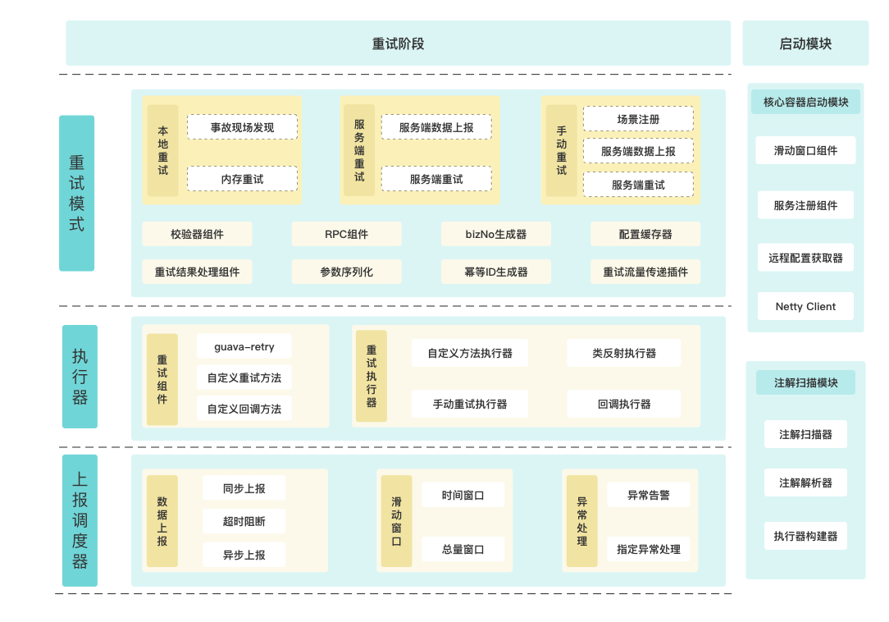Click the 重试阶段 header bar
tap(398, 43)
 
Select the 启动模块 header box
tap(805, 43)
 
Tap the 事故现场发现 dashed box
tap(242, 127)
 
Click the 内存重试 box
tap(242, 179)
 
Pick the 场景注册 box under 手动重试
tap(638, 119)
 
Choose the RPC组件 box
tap(346, 234)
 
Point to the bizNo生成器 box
tap(495, 234)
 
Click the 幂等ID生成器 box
tap(495, 272)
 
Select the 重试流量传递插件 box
tap(645, 272)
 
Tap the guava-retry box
tap(244, 346)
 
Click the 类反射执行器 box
tap(623, 353)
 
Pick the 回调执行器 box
tap(623, 404)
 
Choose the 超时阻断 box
tap(244, 521)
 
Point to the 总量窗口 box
tap(463, 549)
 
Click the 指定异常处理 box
tap(648, 549)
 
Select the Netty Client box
tap(805, 306)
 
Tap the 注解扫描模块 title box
tap(805, 382)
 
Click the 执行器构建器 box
tap(805, 536)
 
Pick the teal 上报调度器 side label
tap(80, 520)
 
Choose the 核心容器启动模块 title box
tap(805, 103)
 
